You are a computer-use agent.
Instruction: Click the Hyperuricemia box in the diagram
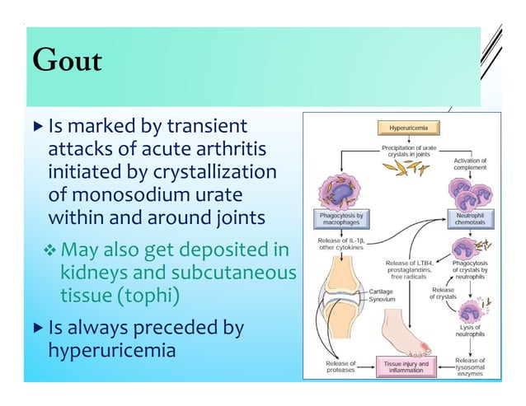point(408,128)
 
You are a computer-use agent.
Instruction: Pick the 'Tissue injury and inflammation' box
point(405,366)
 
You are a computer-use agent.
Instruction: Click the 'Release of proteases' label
point(340,366)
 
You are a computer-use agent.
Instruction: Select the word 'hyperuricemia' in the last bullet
point(112,352)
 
